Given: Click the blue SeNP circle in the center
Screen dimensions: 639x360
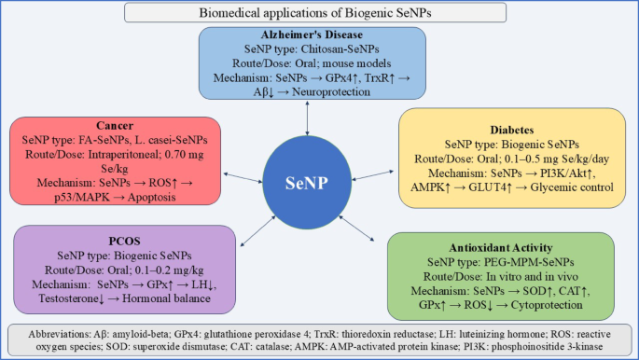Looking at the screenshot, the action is click(307, 183).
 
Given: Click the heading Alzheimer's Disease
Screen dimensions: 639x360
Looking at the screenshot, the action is click(312, 35).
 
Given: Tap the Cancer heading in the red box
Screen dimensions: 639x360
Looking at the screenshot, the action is click(115, 125).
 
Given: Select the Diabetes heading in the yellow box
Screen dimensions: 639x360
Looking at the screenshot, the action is click(512, 130).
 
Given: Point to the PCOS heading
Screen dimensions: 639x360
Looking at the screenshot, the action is click(124, 241).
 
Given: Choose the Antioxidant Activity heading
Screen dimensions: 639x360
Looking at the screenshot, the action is click(501, 247).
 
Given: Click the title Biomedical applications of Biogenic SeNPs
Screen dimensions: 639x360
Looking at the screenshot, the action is click(315, 13).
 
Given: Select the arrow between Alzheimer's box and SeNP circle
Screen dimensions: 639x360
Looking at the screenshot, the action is click(307, 118).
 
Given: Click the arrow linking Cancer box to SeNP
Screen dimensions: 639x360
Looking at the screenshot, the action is click(243, 178).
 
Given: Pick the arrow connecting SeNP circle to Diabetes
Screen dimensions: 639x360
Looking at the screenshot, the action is click(373, 175).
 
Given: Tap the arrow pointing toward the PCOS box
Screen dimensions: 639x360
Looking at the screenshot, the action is click(258, 231).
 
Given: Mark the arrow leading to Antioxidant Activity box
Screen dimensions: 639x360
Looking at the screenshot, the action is click(356, 228).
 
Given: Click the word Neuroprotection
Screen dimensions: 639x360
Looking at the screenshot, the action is click(331, 92).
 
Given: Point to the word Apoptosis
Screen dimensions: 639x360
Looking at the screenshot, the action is click(152, 198).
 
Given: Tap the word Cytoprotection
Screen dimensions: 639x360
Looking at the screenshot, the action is click(547, 305).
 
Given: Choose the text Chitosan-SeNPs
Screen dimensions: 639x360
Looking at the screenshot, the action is click(340, 49).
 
